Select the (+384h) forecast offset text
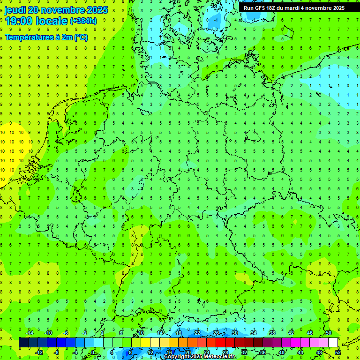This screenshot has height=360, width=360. click(x=83, y=21)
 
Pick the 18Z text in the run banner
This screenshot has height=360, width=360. click(x=275, y=7)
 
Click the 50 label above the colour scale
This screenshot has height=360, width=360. click(x=329, y=333)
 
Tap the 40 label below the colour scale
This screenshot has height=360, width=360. click(x=282, y=352)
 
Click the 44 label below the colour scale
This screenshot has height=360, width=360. click(x=300, y=352)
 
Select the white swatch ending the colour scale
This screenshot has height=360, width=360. click(x=333, y=343)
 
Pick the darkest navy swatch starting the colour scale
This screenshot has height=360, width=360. click(x=23, y=343)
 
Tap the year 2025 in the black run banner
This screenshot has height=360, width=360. click(x=337, y=7)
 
